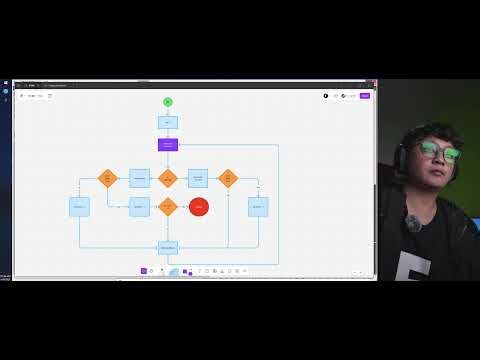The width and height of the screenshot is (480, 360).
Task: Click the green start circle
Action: pos(168,102)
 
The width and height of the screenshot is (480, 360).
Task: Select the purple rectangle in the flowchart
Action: pos(168,145)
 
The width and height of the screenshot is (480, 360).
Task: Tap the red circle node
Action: pos(199,207)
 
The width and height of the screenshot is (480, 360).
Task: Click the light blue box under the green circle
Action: pos(168,122)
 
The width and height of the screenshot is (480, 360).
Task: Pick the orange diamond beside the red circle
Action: pos(168,207)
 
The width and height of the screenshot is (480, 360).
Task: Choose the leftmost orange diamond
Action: pos(108,178)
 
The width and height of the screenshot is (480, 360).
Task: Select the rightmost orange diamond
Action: pos(228,178)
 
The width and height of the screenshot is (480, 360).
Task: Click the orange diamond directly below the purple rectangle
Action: pos(168,178)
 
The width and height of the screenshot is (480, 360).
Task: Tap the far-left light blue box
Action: pos(79,207)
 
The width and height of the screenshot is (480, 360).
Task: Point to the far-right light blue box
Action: pos(258,207)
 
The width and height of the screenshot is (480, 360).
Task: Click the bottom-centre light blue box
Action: pos(168,247)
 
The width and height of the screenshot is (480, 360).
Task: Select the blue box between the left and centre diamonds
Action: pos(139,178)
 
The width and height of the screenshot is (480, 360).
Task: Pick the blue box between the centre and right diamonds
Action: pos(198,178)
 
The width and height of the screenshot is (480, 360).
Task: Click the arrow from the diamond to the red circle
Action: pos(183,207)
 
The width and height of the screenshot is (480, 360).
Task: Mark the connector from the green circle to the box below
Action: pos(168,111)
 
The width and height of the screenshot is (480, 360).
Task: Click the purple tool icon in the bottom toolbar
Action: pos(144,271)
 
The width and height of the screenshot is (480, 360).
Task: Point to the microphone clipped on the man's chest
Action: pos(413,223)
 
